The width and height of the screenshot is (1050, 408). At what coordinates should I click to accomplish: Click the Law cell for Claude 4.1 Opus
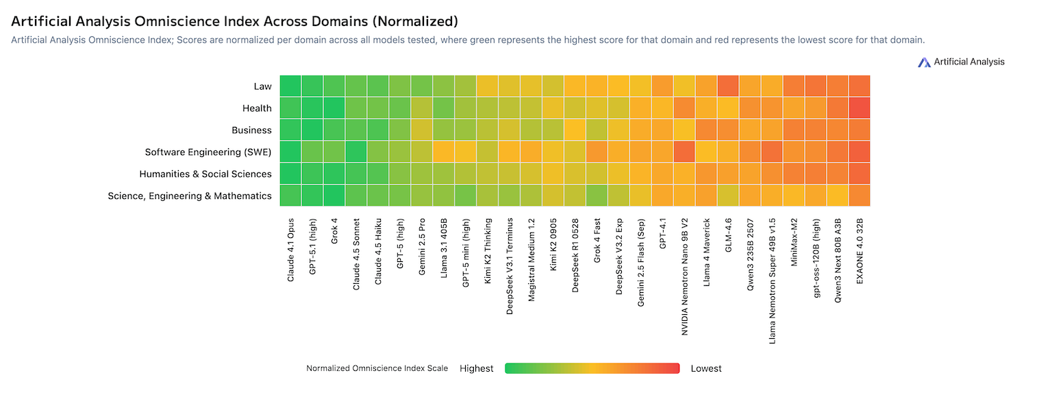click(290, 86)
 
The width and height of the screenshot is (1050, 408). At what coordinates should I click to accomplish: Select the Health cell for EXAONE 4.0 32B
click(859, 108)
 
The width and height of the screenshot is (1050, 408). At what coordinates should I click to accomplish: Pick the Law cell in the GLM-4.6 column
click(727, 86)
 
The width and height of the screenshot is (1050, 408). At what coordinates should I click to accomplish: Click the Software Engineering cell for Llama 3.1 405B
click(444, 152)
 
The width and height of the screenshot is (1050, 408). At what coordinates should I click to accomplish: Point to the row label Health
click(257, 108)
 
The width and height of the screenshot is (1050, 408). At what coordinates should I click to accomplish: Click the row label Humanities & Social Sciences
click(205, 174)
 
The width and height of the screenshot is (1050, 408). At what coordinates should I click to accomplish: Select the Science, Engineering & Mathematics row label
click(190, 196)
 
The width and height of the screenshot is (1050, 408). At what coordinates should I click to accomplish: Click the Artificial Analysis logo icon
click(925, 62)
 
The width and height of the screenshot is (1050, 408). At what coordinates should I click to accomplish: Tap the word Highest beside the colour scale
click(476, 368)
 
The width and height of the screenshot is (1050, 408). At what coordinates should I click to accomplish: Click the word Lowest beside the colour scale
click(706, 368)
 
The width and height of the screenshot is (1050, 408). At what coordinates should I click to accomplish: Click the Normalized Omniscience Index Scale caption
click(377, 368)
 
